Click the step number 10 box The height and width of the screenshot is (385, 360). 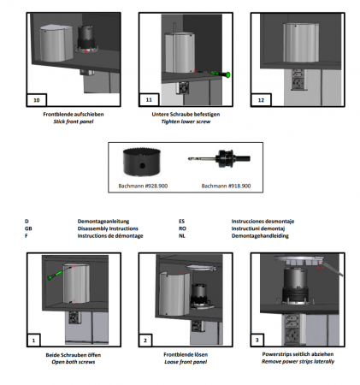pos(37,100)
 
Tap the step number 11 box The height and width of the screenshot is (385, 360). pos(149,100)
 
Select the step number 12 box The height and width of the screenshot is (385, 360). pos(261,100)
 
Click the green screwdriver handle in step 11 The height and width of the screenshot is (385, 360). pos(227,74)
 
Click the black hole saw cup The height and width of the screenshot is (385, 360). pos(142,162)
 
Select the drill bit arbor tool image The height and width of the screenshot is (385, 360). pos(219,158)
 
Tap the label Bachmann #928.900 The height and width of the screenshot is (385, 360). pos(143,186)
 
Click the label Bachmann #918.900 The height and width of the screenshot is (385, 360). pos(226,186)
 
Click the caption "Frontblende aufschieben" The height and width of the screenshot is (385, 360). pos(74,115)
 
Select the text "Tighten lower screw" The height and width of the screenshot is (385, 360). pos(186,121)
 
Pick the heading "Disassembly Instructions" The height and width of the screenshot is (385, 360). pos(108,228)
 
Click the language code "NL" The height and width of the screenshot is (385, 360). pos(182,236)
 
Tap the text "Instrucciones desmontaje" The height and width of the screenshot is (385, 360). pos(263,222)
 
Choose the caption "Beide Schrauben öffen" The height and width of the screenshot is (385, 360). pos(74,355)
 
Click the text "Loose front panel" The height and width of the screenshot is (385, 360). pos(186,362)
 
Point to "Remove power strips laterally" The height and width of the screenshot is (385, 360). pos(298,362)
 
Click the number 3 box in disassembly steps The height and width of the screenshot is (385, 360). pos(257,340)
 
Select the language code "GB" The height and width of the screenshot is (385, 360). pos(28,228)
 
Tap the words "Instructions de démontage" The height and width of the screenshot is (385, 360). pos(110,236)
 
